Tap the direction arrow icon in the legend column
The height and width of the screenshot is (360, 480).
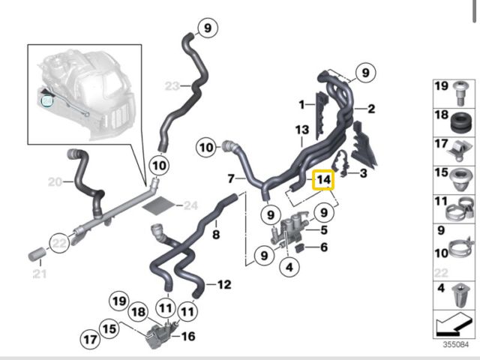tap(454, 325)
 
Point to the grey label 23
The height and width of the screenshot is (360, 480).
tap(172, 86)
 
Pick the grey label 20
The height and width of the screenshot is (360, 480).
tap(55, 181)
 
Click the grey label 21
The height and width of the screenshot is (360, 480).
tap(37, 274)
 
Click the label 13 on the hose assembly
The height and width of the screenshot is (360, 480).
tap(301, 130)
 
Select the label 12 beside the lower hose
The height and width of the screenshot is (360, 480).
tap(223, 284)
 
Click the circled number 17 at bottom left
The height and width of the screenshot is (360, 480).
tap(91, 340)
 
